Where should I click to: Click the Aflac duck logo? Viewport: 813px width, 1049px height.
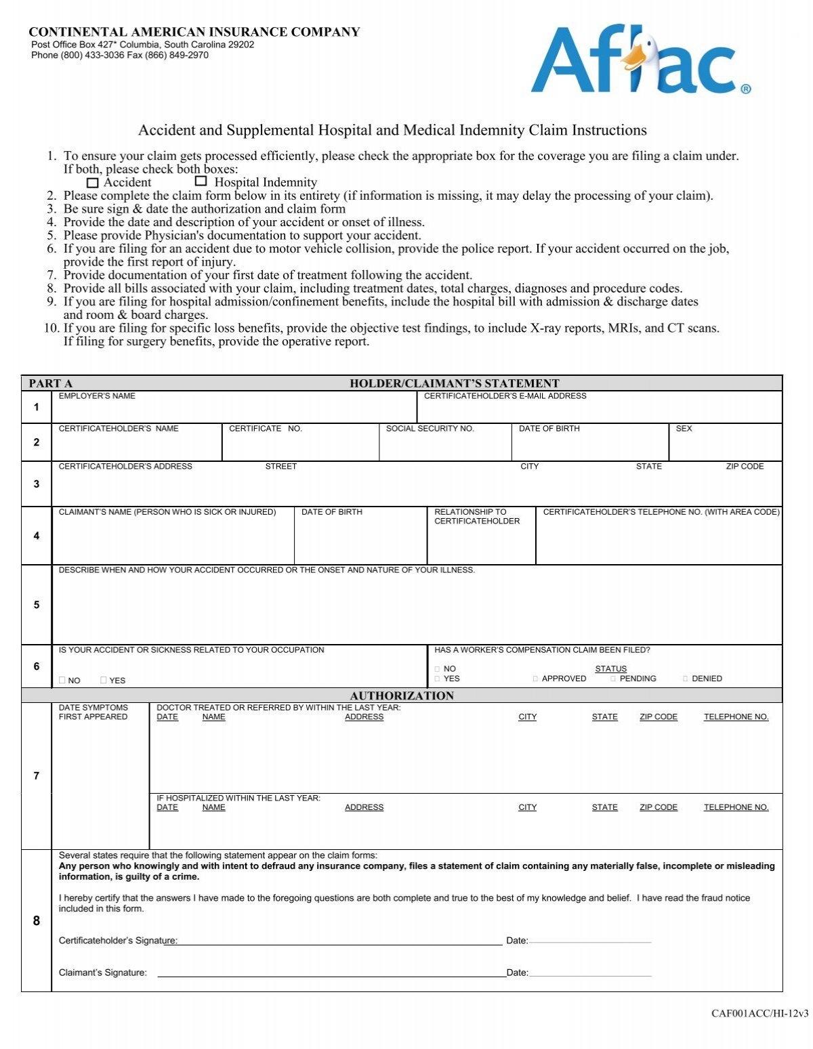640,61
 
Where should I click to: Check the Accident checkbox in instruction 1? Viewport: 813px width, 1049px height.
93,183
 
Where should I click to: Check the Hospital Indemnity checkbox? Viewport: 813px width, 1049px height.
201,181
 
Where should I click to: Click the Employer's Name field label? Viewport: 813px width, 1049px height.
97,396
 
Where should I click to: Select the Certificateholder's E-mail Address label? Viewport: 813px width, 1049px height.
505,396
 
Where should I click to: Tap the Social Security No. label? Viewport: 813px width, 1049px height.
430,429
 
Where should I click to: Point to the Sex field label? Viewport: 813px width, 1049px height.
684,429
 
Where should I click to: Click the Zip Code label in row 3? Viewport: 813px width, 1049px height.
745,467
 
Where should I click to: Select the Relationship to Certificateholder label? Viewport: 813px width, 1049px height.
477,517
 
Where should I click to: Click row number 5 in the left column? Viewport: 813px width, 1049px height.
37,605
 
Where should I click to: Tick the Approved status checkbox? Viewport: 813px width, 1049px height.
536,679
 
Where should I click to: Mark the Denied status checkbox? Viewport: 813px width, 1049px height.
686,679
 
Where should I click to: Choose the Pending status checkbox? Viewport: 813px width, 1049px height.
613,679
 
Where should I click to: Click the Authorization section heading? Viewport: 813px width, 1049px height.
402,695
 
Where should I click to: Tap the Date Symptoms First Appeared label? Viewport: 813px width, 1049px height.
93,712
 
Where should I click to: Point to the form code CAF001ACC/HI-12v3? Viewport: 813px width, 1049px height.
759,1014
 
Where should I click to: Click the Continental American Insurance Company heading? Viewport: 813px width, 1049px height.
194,32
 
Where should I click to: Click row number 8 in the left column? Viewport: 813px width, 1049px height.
37,921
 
